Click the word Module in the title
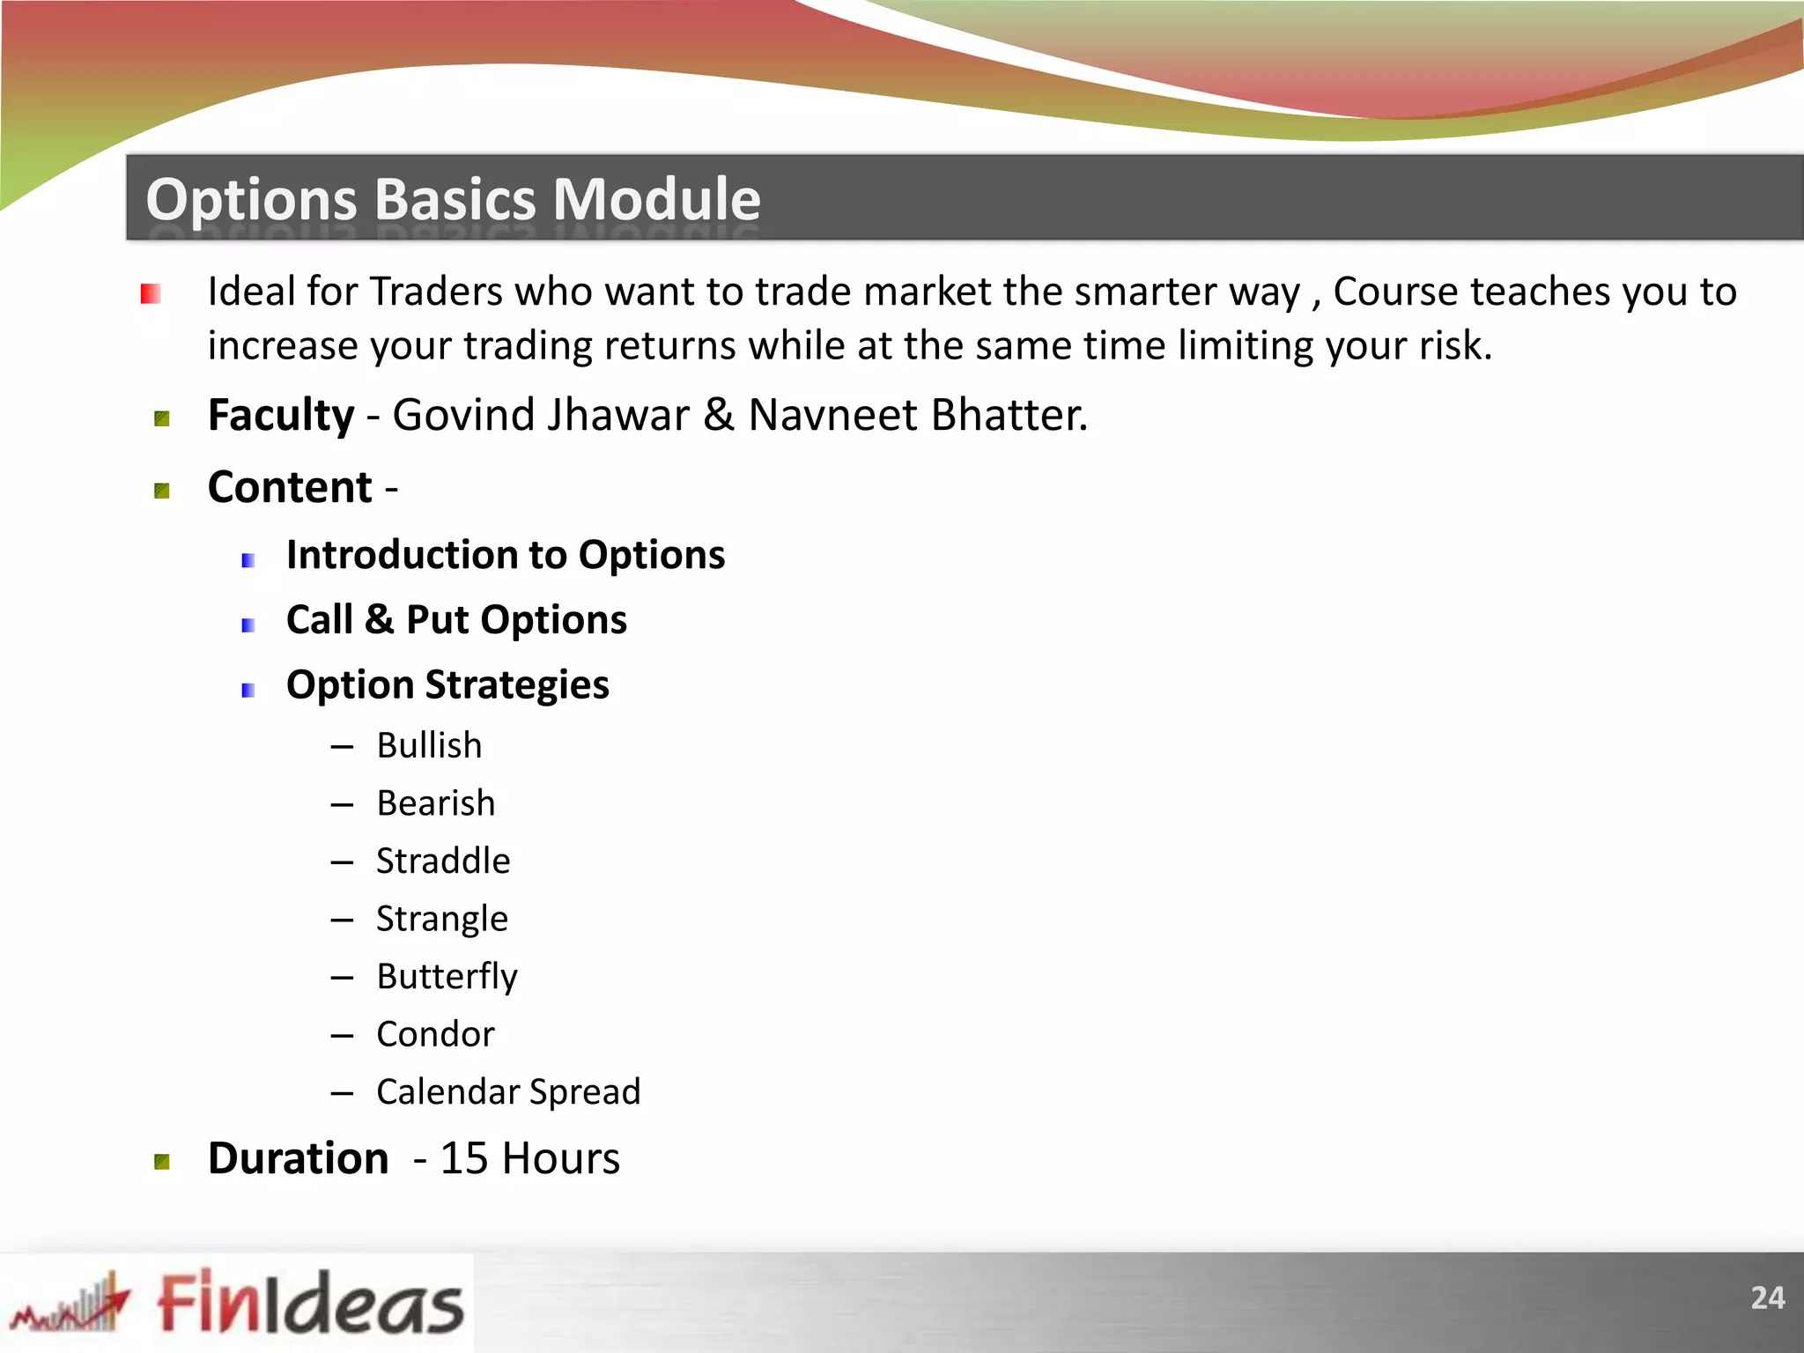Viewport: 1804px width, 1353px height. tap(656, 199)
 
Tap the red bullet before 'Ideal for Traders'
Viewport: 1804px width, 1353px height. tap(151, 293)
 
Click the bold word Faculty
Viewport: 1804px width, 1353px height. tap(280, 415)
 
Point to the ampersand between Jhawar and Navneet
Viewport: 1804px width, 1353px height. tap(719, 415)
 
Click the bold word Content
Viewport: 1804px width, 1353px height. tap(290, 487)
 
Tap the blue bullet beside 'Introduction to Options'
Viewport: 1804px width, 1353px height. tap(248, 560)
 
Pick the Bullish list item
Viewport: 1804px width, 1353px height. tap(429, 746)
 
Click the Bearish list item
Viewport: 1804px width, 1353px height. tap(435, 803)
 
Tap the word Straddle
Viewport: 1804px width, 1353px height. tap(443, 861)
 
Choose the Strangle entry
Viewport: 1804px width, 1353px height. tap(441, 919)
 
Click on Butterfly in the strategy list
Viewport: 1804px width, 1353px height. tap(447, 977)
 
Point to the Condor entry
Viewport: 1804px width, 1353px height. tap(435, 1034)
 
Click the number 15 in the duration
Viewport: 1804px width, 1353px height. tap(463, 1158)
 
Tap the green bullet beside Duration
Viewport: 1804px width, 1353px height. tap(162, 1162)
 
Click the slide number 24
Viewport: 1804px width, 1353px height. tap(1767, 1298)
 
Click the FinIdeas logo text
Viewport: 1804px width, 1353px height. tap(310, 1303)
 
